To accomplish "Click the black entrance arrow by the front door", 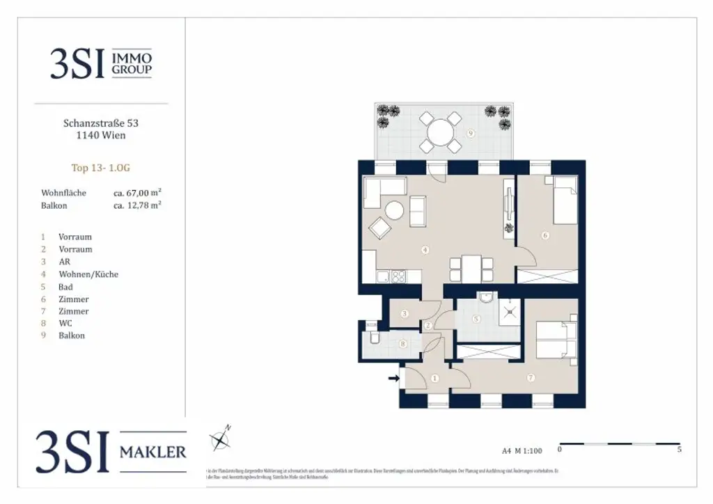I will click(x=393, y=379).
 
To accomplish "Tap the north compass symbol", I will click(x=221, y=439).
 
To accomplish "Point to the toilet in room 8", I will click(x=374, y=339).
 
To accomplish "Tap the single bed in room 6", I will click(x=564, y=200).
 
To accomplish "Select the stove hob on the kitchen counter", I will click(x=399, y=276).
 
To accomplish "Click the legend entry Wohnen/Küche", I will click(x=88, y=274).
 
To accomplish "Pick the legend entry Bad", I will click(x=66, y=287).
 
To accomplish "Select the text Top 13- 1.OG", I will click(x=101, y=167).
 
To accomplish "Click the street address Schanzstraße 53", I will click(x=101, y=123).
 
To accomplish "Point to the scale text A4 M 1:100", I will click(x=522, y=450).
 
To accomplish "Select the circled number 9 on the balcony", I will click(x=471, y=133).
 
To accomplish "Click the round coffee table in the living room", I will click(x=395, y=210).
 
